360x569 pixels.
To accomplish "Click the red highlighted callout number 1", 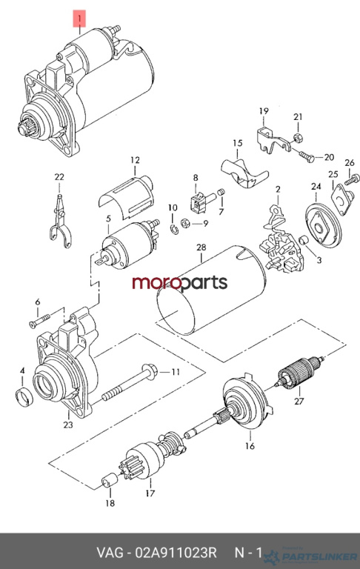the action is (x=79, y=19).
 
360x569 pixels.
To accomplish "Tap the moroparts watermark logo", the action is (x=180, y=283).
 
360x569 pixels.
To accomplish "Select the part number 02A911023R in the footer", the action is (x=176, y=553).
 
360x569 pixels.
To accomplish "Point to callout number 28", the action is (x=201, y=247).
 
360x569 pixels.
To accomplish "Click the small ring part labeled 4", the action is (x=25, y=396).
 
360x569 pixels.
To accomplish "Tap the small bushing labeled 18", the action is (x=109, y=481).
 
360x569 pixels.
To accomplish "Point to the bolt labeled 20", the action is (x=307, y=156).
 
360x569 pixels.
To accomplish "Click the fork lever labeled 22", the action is (x=59, y=222).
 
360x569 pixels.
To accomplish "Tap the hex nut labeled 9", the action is (x=185, y=222).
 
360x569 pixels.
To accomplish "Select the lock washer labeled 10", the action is (x=173, y=229).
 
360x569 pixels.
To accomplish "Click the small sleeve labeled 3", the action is (x=303, y=241).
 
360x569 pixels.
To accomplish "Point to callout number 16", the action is (x=250, y=445).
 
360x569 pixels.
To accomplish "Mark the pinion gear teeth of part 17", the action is (x=127, y=468).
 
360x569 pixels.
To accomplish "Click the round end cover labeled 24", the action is (x=322, y=225).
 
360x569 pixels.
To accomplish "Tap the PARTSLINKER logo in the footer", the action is (x=311, y=556).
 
